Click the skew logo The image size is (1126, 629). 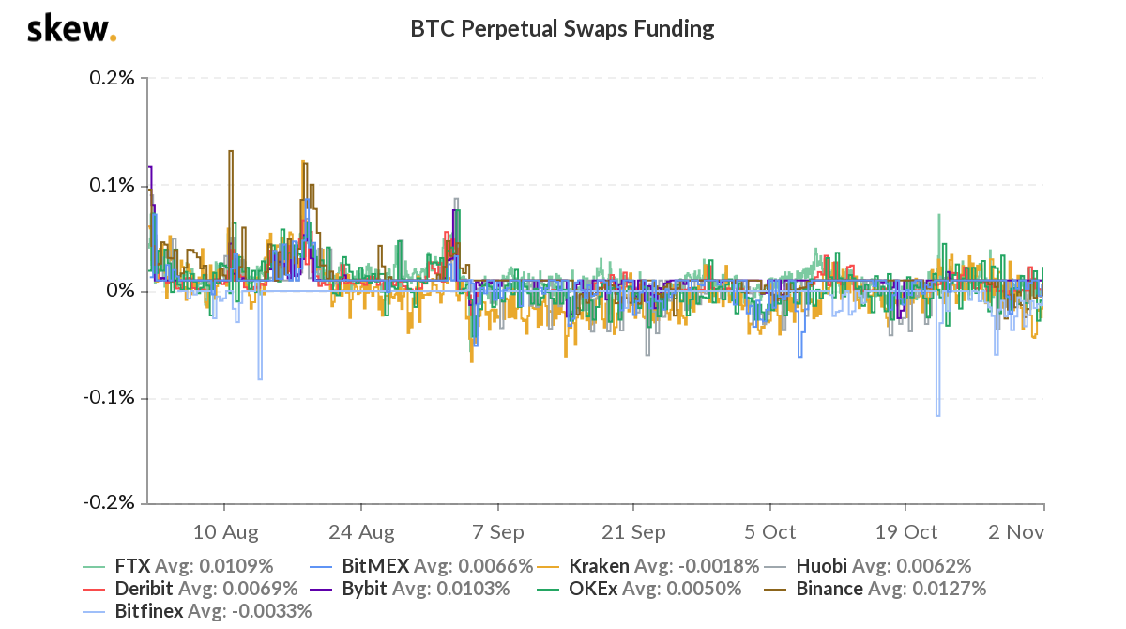pos(71,29)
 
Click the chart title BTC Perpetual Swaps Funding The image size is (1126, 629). pos(562,29)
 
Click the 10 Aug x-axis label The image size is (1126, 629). pos(225,532)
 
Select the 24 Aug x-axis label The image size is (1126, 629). pos(361,532)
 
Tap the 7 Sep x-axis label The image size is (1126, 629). pos(497,532)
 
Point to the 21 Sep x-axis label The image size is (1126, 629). pos(633,532)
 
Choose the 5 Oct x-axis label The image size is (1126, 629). pos(769,532)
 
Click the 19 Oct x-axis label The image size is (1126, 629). pos(905,532)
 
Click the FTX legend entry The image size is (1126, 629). pos(178,566)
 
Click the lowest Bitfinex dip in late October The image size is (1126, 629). pos(937,415)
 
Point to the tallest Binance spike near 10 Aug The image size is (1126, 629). pos(231,151)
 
